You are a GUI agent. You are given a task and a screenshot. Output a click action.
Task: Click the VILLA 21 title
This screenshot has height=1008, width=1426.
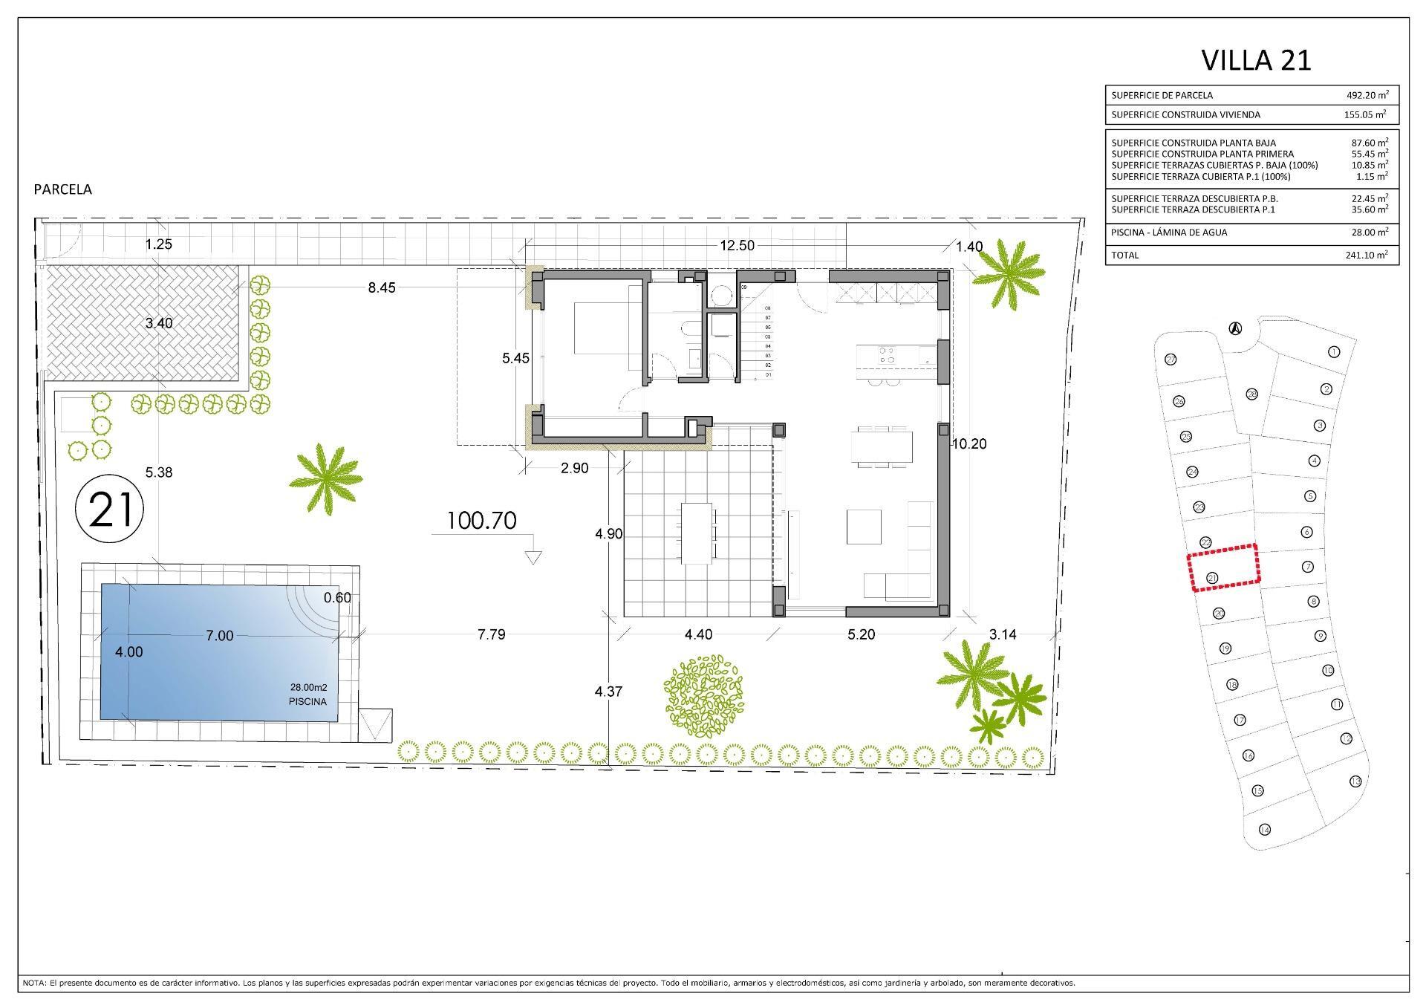tap(1256, 60)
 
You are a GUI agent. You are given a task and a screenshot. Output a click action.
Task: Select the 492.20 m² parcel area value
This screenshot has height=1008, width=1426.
tap(1367, 95)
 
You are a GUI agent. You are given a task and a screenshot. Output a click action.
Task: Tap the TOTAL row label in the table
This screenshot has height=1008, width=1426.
tap(1124, 255)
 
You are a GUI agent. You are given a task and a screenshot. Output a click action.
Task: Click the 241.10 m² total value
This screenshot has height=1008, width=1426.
tap(1367, 255)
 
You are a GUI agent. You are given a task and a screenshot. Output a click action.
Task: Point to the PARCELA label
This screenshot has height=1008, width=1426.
tap(63, 189)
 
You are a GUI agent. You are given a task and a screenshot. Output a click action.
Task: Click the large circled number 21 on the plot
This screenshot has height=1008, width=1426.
tap(110, 510)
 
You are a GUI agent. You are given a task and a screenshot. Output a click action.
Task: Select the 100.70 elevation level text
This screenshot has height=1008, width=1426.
tap(481, 521)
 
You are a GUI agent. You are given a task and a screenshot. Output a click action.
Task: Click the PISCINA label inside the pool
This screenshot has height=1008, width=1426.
tap(307, 701)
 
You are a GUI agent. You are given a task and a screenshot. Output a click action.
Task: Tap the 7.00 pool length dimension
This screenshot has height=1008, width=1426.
tap(220, 636)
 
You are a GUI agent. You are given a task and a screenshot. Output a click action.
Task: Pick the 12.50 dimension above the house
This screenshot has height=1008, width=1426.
tap(737, 246)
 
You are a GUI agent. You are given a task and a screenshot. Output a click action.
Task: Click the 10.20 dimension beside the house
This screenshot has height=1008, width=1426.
tap(968, 444)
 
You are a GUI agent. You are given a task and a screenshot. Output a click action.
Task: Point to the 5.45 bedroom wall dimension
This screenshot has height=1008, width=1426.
tap(515, 358)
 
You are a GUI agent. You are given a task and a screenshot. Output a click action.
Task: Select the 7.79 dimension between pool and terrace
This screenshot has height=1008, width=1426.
tap(491, 634)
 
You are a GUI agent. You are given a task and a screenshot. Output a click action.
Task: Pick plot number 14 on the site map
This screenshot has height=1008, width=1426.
tap(1264, 829)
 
